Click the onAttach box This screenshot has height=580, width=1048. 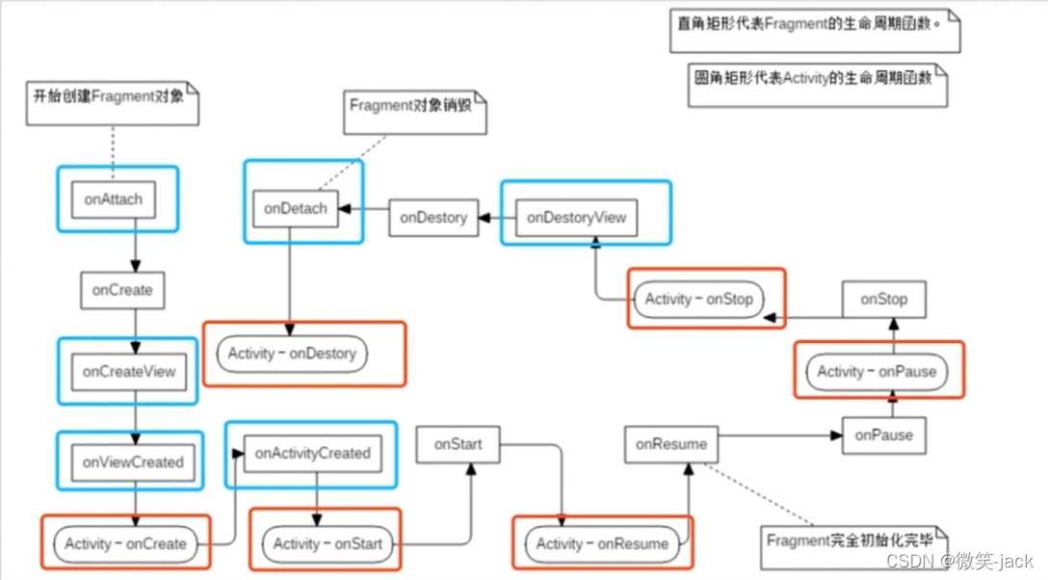[x=114, y=199]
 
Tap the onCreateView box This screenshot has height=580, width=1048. [x=129, y=371]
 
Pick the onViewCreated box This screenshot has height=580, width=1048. [x=132, y=462]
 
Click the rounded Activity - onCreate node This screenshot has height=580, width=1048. [x=125, y=543]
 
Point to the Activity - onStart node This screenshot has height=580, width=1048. [x=327, y=543]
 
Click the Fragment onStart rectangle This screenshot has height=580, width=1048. [x=458, y=445]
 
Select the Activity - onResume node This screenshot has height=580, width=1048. [x=602, y=543]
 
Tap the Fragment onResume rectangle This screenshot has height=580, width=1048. [x=671, y=444]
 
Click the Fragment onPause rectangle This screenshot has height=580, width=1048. [x=883, y=435]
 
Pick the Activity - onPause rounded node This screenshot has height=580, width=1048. [x=877, y=371]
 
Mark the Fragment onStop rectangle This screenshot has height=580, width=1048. [x=883, y=300]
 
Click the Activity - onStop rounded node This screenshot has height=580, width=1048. [x=698, y=299]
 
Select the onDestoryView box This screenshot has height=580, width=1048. [x=576, y=218]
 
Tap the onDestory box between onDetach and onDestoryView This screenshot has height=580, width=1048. [x=433, y=218]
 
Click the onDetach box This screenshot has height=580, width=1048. [x=295, y=208]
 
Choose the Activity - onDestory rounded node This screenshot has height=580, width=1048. [x=292, y=354]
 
